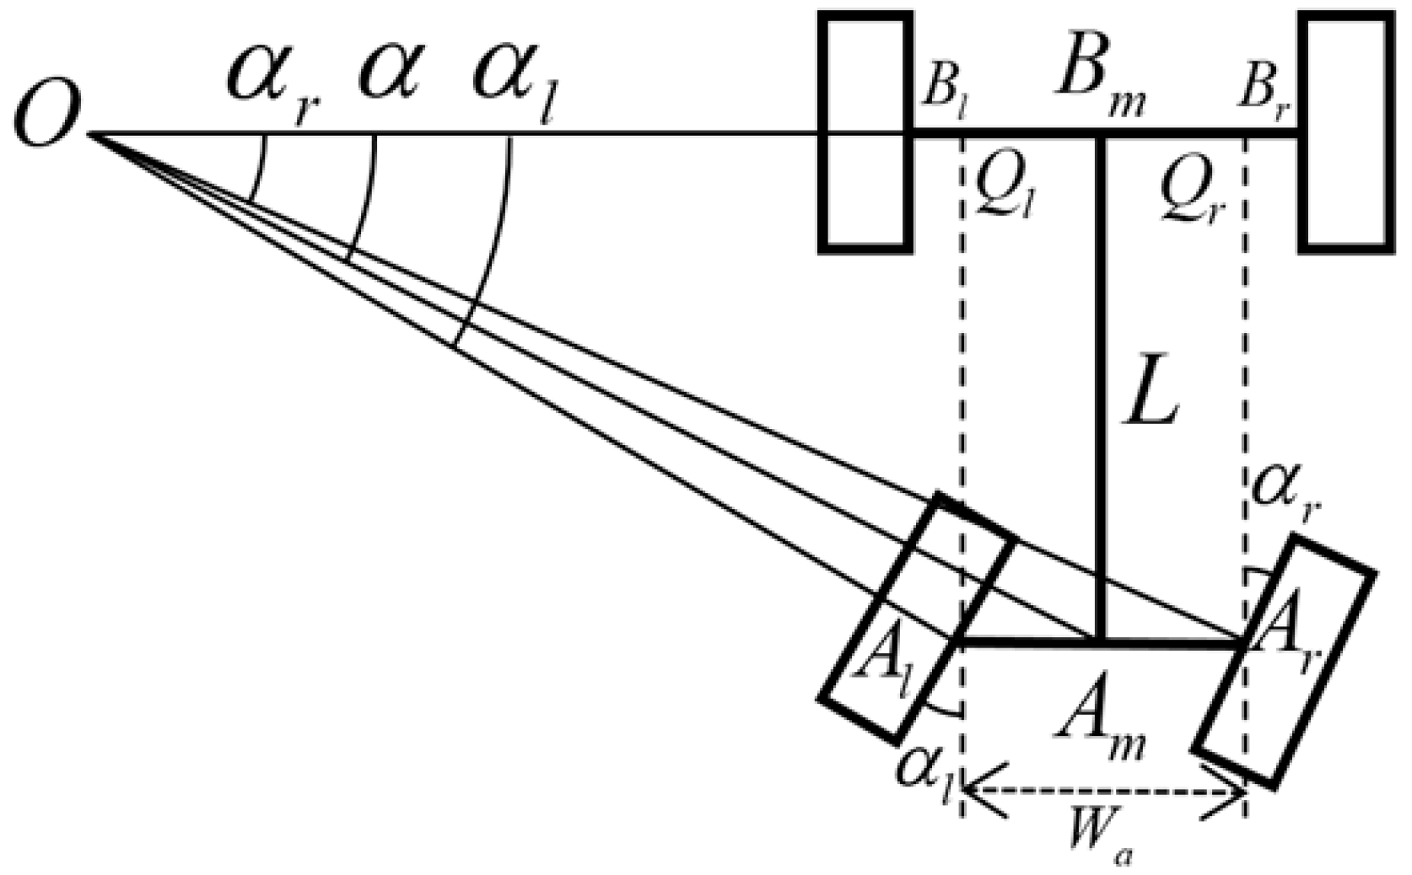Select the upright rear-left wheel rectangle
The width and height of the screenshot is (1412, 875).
[865, 132]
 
